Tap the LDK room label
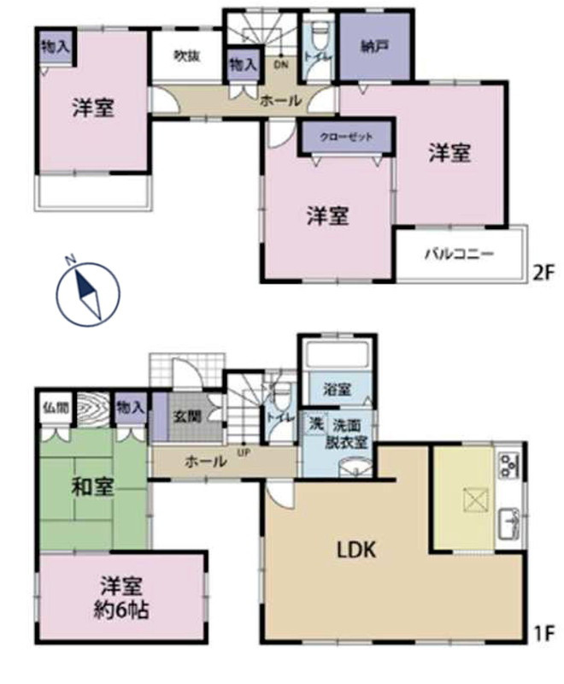coord(350,549)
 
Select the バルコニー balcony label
coord(459,253)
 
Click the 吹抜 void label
coord(187,56)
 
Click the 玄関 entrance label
coord(187,418)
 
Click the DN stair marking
coord(280,64)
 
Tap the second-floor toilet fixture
coord(319,35)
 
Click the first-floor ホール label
coord(206,462)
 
